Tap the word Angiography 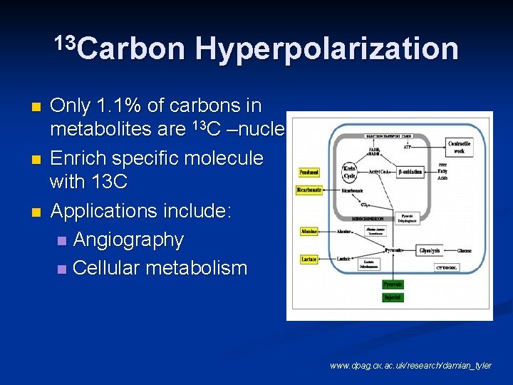pos(128,240)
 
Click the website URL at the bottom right pos(410,366)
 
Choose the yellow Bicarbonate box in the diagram pos(309,190)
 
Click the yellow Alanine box pos(309,231)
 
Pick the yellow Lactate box pos(309,260)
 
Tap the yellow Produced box pos(309,172)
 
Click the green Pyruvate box pos(393,283)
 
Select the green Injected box pos(393,297)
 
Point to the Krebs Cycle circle pos(350,172)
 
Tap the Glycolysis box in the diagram pos(430,251)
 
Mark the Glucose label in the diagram pos(465,251)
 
